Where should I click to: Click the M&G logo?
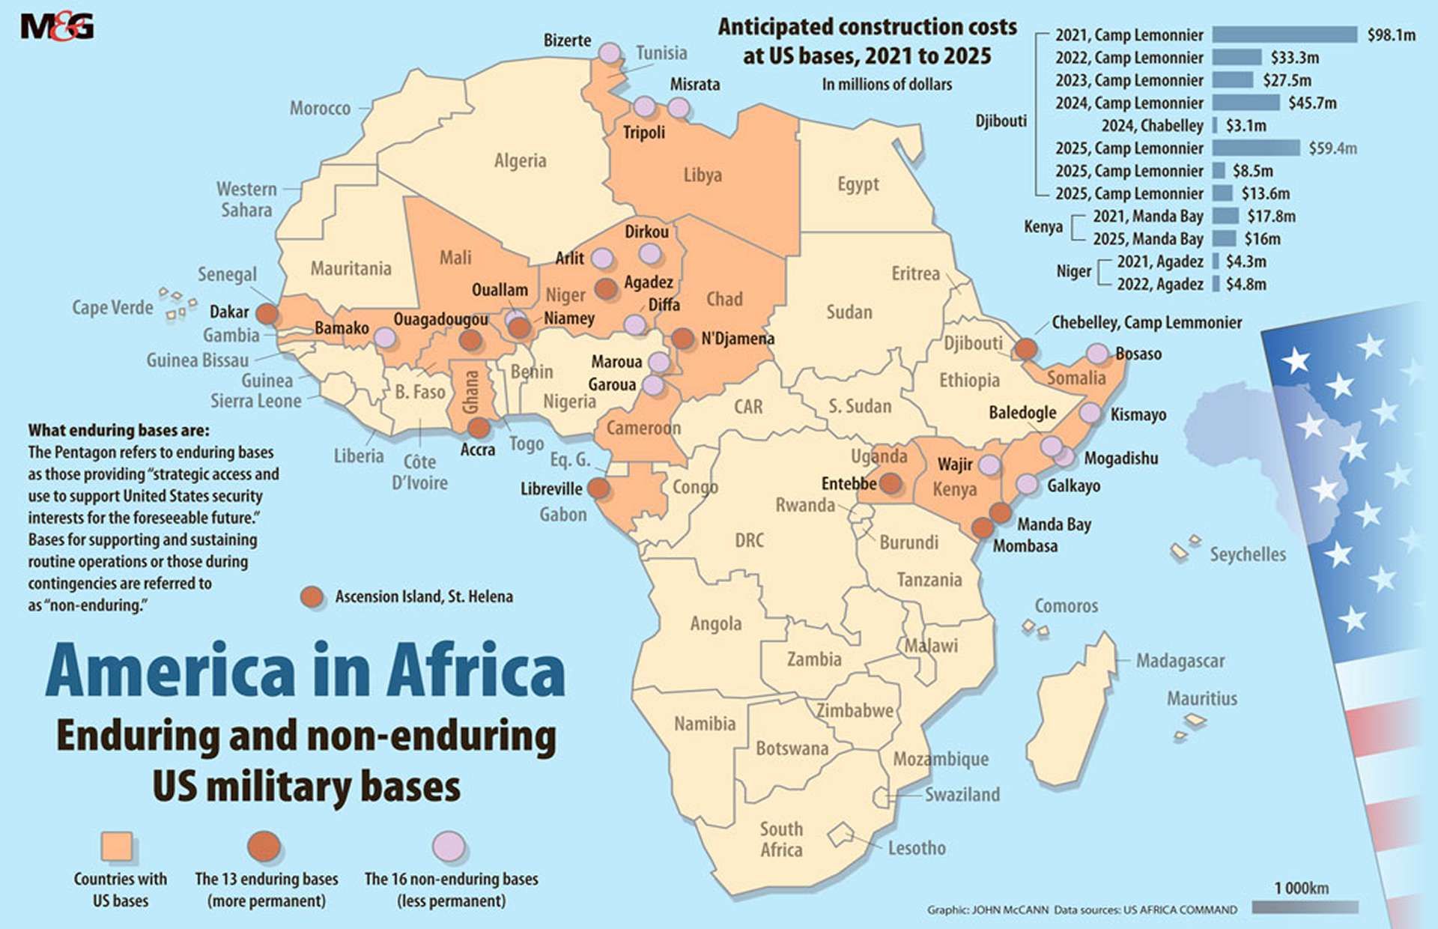[57, 27]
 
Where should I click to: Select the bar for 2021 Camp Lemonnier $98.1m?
[1284, 34]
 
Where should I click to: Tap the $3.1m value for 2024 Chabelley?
[1246, 126]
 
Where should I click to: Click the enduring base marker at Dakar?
[267, 313]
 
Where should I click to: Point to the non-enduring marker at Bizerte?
[610, 53]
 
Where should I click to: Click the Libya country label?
[702, 175]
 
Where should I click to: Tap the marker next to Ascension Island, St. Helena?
[312, 596]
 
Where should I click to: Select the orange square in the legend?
[117, 847]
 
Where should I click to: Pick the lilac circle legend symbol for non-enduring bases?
[449, 847]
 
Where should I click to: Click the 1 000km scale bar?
[1304, 907]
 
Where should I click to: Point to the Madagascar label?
[1180, 661]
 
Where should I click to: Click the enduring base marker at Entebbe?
[890, 483]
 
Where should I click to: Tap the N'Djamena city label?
[737, 339]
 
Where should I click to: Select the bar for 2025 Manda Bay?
[1224, 239]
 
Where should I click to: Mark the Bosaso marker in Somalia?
[1096, 353]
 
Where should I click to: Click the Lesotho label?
[916, 848]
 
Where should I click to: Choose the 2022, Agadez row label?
[1159, 285]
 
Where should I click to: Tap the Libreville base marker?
[598, 488]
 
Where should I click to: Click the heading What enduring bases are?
[119, 431]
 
